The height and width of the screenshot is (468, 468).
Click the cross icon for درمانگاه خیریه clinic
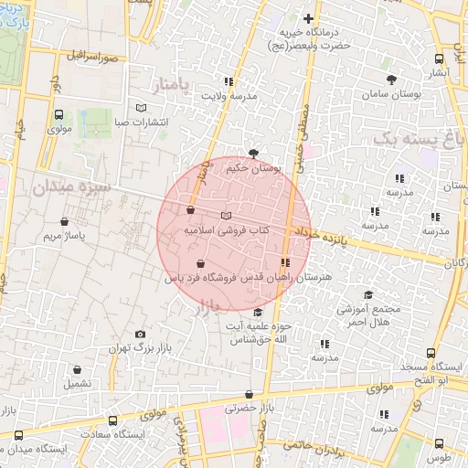[x=309, y=18]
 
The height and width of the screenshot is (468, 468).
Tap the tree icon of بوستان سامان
[x=392, y=80]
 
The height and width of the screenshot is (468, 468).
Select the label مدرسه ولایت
[x=229, y=95]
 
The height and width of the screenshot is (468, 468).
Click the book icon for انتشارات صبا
[x=140, y=107]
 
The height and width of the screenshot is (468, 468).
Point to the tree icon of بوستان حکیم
[x=253, y=154]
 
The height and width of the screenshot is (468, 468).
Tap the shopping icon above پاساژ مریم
[x=64, y=221]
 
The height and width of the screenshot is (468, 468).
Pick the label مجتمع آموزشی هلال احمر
[x=368, y=316]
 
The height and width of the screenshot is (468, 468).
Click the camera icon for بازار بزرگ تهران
[x=139, y=335]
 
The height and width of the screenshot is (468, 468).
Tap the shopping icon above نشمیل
[x=78, y=370]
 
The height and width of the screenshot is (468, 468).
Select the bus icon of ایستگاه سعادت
[x=112, y=421]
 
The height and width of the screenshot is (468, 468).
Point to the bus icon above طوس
[x=441, y=442]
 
